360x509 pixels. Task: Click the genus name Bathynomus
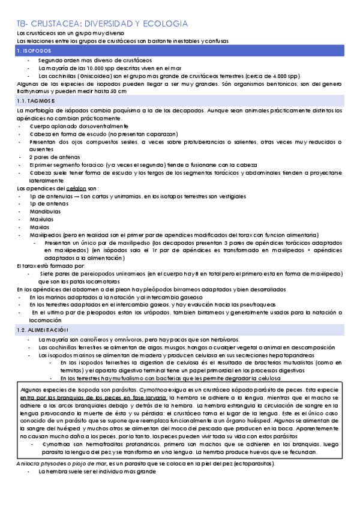[x=32, y=91]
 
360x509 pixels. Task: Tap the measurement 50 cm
[x=118, y=91]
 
